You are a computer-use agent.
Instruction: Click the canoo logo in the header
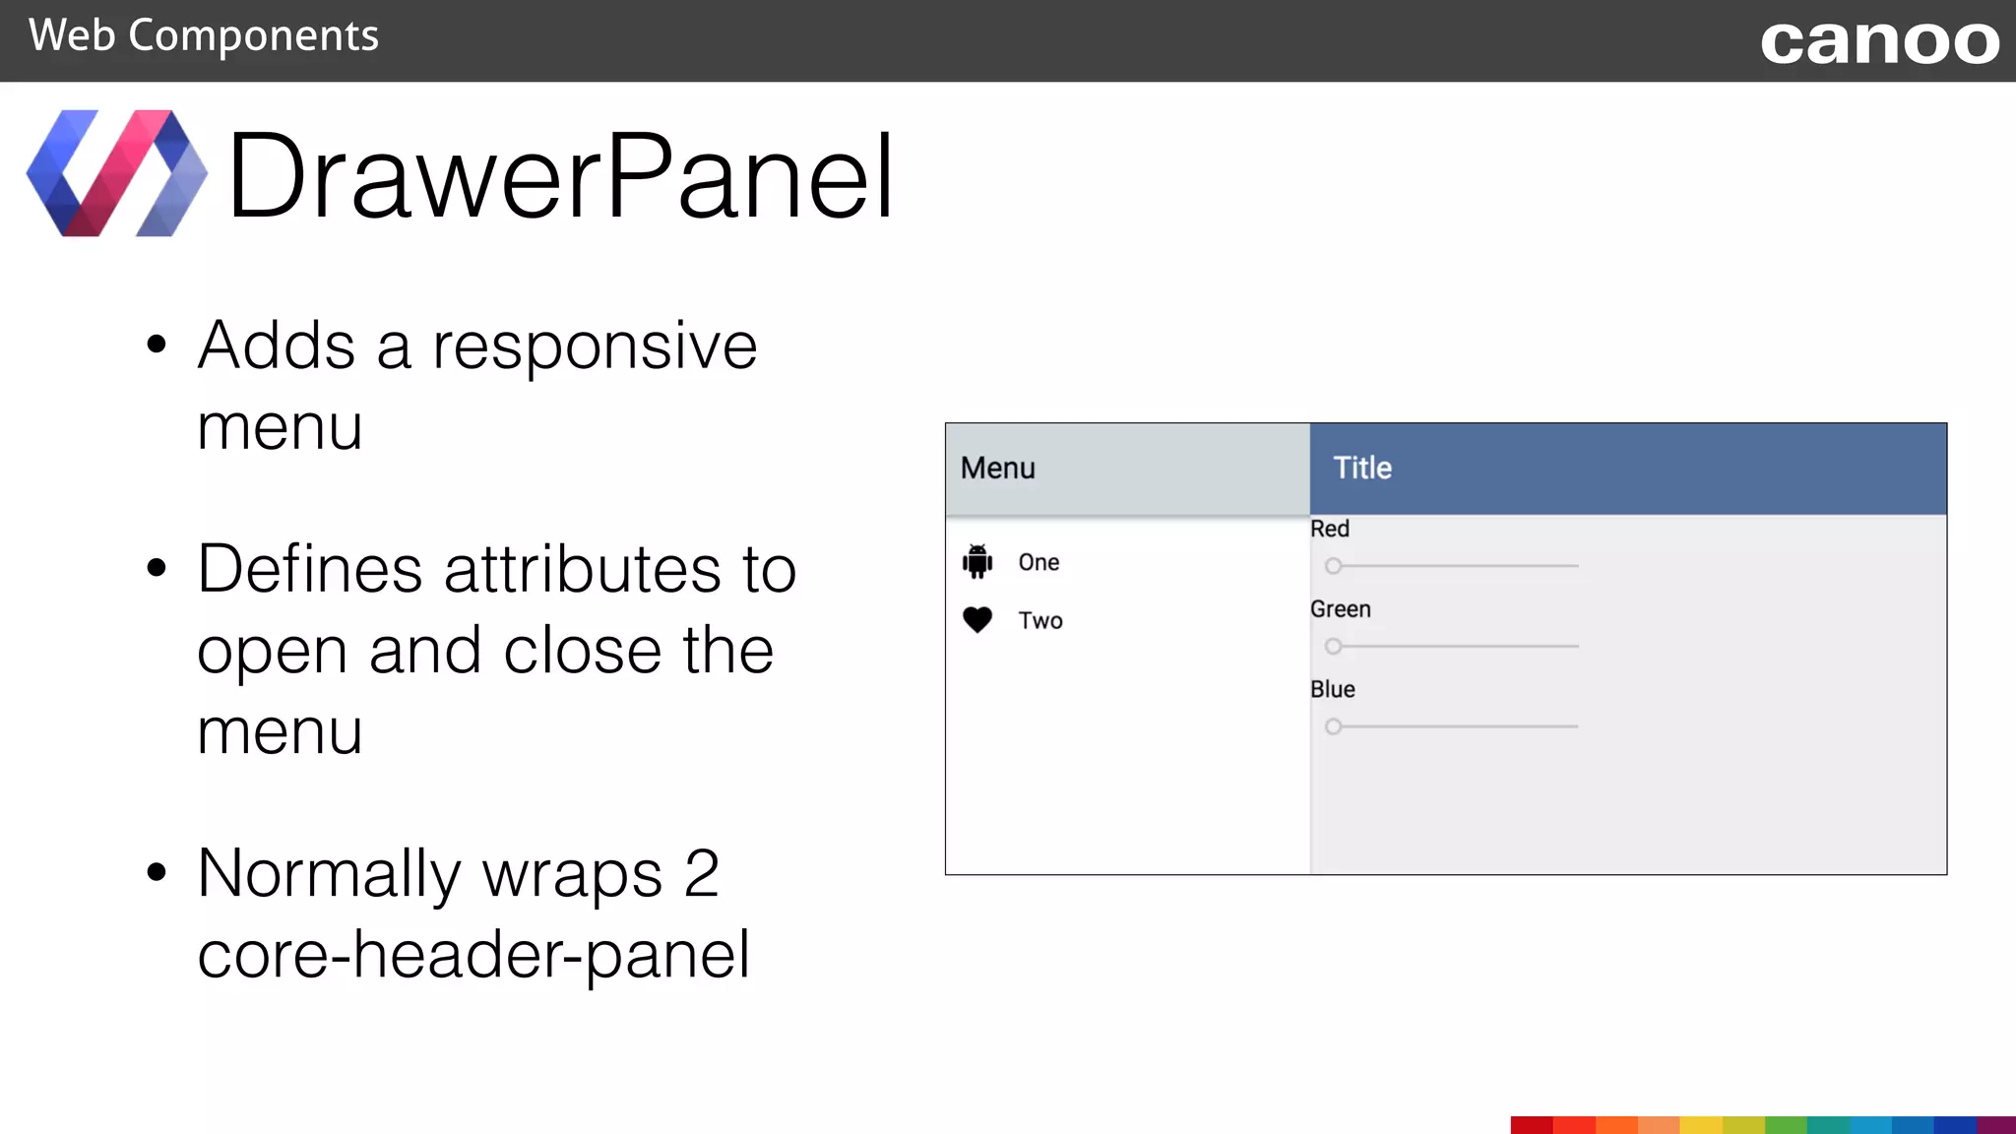coord(1879,42)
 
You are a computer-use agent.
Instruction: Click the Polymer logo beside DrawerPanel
coord(116,173)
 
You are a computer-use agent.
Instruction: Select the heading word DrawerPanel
coord(560,176)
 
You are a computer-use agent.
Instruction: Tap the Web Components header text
coord(203,36)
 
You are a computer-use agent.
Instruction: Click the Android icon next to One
coord(977,561)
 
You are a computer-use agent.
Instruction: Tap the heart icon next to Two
coord(977,620)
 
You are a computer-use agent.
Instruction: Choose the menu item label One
coord(1039,562)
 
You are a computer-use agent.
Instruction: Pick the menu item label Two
coord(1040,620)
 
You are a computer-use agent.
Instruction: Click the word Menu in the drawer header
coord(998,468)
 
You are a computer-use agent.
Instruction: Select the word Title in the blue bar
coord(1362,468)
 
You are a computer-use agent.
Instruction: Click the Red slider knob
coord(1333,566)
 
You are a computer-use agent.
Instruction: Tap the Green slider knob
coord(1333,647)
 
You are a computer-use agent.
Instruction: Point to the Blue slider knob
coord(1333,726)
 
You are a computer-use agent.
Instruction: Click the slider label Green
coord(1340,609)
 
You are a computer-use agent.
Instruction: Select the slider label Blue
coord(1332,689)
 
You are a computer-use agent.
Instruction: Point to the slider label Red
coord(1329,529)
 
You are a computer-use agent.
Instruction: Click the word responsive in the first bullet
coord(595,346)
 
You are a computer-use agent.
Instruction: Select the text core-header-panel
coord(473,955)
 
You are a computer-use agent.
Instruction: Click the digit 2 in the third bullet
coord(702,873)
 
